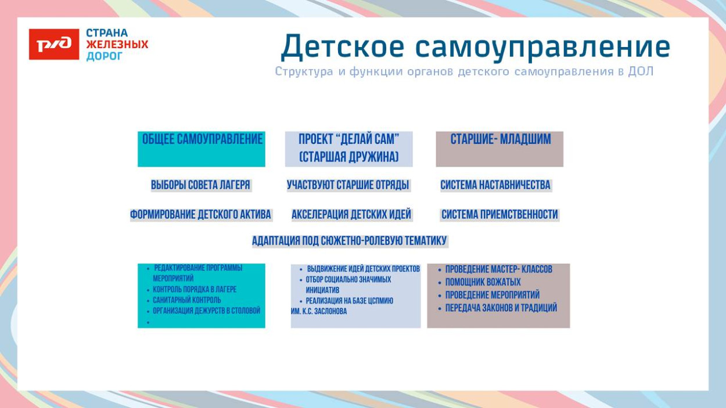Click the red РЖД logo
click(x=54, y=45)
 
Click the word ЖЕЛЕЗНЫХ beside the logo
click(x=117, y=45)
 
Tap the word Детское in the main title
click(x=342, y=47)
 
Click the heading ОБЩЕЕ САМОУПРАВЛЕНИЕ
click(x=202, y=139)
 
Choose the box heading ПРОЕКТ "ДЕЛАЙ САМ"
click(x=348, y=139)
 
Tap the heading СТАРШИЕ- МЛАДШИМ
click(x=500, y=139)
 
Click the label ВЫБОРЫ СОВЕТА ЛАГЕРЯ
click(x=200, y=185)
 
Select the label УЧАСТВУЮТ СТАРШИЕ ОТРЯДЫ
click(x=348, y=185)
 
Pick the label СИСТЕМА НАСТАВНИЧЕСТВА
click(x=495, y=185)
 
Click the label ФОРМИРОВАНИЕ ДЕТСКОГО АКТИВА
click(x=200, y=215)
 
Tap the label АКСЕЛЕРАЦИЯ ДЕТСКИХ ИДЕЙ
click(x=351, y=215)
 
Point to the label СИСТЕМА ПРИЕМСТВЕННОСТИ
click(x=499, y=215)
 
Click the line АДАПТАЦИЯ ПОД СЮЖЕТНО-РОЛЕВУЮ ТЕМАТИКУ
click(x=349, y=241)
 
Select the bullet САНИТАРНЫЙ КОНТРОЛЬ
click(x=186, y=301)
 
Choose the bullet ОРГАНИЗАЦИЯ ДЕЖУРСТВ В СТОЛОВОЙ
click(x=206, y=311)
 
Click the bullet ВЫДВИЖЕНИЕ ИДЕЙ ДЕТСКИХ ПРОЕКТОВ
click(x=363, y=269)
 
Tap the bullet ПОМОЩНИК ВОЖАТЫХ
click(x=483, y=283)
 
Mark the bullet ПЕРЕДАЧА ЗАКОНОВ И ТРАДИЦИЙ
click(x=501, y=308)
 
